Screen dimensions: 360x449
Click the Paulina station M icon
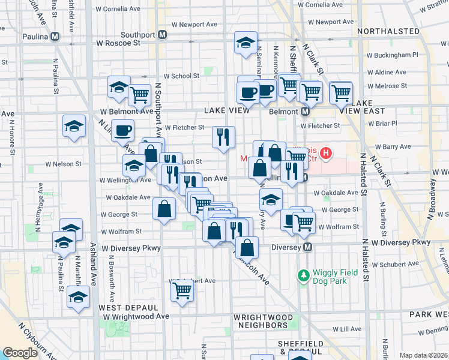tap(55, 36)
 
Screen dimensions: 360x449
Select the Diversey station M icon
tap(308, 247)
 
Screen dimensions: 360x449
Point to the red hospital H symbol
tap(326, 154)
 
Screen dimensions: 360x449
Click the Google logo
tap(20, 353)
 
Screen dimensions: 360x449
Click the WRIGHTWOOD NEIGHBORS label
tap(264, 321)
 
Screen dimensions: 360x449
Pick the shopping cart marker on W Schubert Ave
tap(182, 292)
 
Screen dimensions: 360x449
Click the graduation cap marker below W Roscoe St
tap(246, 43)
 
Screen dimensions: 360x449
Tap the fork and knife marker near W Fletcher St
tap(223, 137)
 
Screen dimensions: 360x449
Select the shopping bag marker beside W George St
tap(164, 209)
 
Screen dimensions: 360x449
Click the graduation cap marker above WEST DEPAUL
tap(78, 297)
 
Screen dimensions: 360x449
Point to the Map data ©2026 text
tap(423, 355)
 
